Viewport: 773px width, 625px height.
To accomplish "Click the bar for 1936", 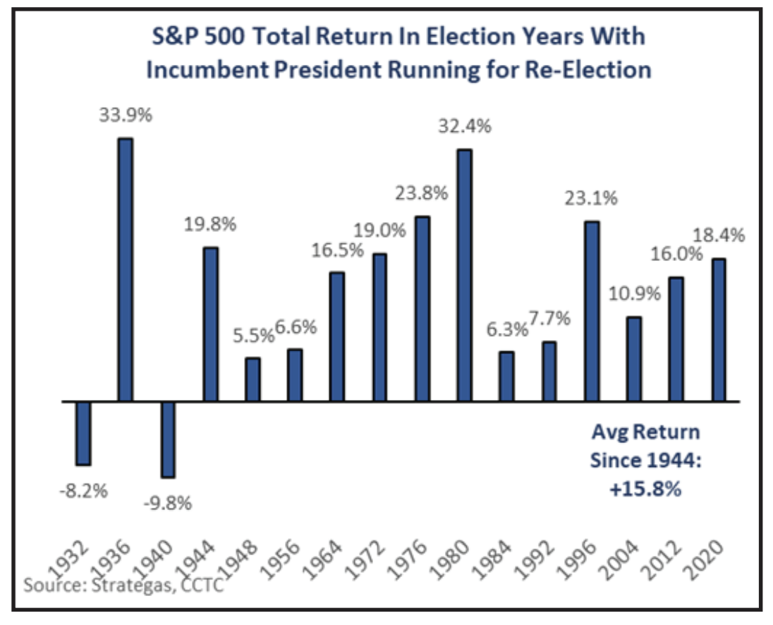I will click(x=125, y=269).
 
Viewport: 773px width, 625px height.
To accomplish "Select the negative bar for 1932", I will click(x=83, y=433).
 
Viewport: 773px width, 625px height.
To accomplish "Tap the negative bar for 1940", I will click(x=168, y=439).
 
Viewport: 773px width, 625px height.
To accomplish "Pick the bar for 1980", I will click(x=464, y=275).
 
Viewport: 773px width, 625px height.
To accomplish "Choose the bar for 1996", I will click(x=591, y=311).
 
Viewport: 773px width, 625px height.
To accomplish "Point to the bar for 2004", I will click(x=634, y=359).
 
